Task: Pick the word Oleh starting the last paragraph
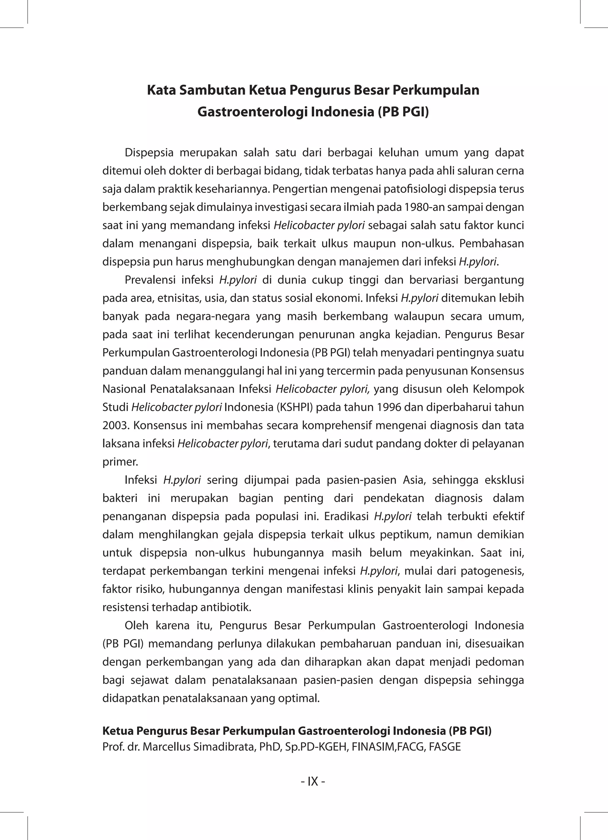[136, 626]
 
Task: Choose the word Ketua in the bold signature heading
[118, 731]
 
